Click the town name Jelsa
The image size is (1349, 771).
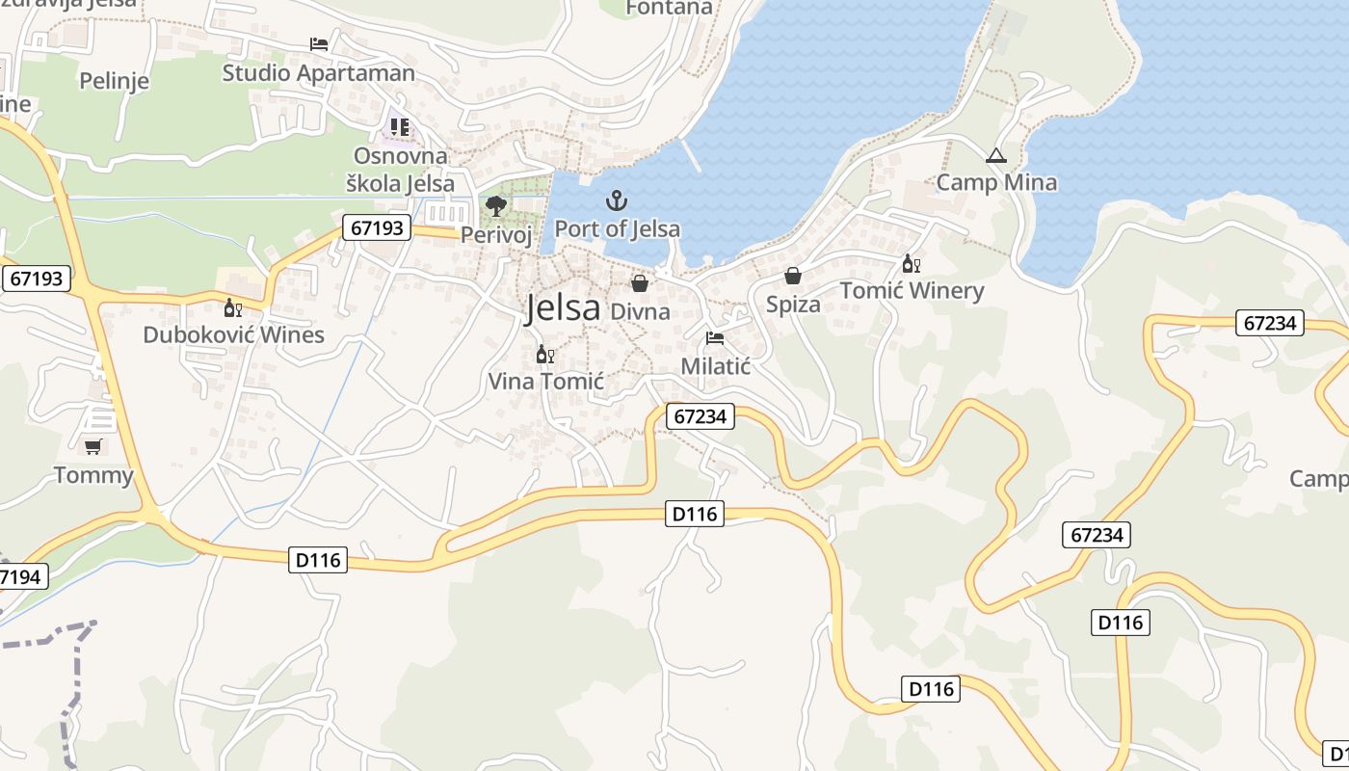pyautogui.click(x=564, y=307)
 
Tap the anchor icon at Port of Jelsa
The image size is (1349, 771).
pyautogui.click(x=616, y=200)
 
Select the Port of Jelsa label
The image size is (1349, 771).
pyautogui.click(x=617, y=228)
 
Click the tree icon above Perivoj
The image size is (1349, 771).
pyautogui.click(x=496, y=205)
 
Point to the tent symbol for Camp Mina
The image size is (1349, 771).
pyautogui.click(x=996, y=155)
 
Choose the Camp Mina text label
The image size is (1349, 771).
pyautogui.click(x=996, y=182)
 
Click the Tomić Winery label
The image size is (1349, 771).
pyautogui.click(x=912, y=290)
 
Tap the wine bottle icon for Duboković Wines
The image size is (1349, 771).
pyautogui.click(x=232, y=307)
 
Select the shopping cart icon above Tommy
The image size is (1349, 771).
pyautogui.click(x=93, y=446)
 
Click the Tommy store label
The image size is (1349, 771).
pyautogui.click(x=93, y=475)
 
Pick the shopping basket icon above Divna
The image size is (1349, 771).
pyautogui.click(x=639, y=283)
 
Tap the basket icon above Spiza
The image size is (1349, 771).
pyautogui.click(x=792, y=277)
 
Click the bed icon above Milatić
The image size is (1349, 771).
pyautogui.click(x=715, y=338)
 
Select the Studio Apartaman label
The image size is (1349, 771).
pyautogui.click(x=319, y=73)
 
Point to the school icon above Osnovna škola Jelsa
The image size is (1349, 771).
pyautogui.click(x=400, y=126)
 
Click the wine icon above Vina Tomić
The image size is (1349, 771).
pyautogui.click(x=544, y=355)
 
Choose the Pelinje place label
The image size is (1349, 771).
pyautogui.click(x=115, y=81)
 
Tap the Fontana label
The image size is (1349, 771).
pyautogui.click(x=669, y=8)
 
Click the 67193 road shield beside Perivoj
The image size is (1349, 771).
pyautogui.click(x=377, y=228)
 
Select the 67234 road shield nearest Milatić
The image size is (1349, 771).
pyautogui.click(x=700, y=416)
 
